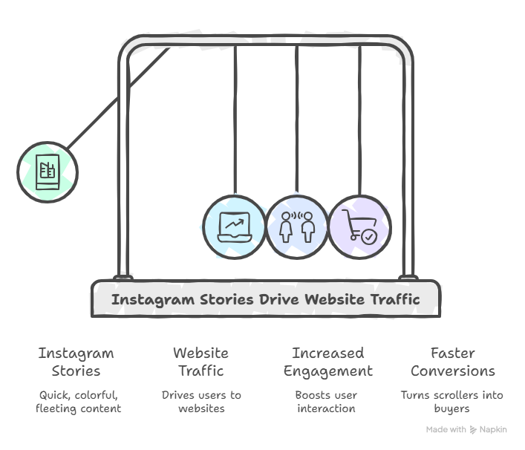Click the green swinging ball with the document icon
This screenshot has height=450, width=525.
[x=48, y=171]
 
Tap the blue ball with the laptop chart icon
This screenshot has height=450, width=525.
[x=234, y=227]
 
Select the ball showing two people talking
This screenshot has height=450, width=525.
[x=296, y=227]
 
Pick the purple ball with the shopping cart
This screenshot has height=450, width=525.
[x=359, y=227]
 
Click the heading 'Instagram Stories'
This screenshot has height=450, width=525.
[x=76, y=362]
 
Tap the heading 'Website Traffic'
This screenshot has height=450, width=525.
[x=200, y=362]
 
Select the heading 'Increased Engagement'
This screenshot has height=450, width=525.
[x=327, y=362]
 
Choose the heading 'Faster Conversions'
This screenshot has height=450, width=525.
[x=452, y=362]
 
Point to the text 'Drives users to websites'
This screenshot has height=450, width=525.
[x=201, y=402]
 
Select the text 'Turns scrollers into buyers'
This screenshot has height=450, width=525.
[x=451, y=402]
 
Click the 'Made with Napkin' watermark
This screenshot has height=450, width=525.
[x=466, y=430]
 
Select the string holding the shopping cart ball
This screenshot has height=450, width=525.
[x=360, y=119]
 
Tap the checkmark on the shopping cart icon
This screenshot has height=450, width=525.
[x=368, y=236]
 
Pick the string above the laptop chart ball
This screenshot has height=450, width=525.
[x=235, y=119]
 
